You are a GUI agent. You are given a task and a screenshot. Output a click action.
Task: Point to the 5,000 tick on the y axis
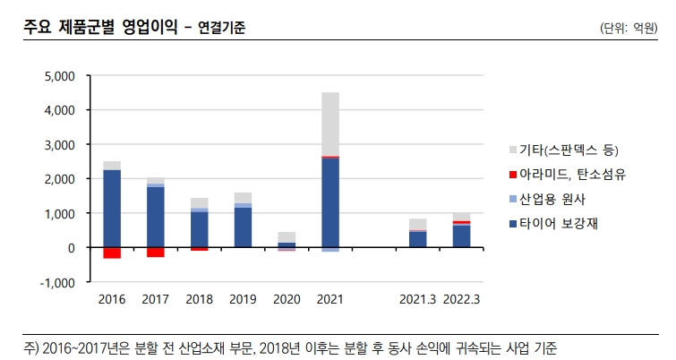(x=60, y=76)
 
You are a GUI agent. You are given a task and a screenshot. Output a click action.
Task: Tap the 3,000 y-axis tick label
(x=60, y=144)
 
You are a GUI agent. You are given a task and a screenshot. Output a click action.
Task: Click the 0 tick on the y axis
(x=72, y=247)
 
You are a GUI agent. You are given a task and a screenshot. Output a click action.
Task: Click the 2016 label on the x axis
(x=112, y=299)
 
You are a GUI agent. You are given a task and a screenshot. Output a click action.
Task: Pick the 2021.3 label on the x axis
(x=417, y=299)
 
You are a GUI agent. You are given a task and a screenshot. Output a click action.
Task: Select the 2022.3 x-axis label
(x=461, y=299)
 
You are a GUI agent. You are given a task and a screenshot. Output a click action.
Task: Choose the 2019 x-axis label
(x=243, y=299)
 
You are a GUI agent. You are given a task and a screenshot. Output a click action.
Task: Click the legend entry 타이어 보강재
(x=558, y=224)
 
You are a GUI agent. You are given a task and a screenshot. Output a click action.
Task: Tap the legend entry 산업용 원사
(x=552, y=199)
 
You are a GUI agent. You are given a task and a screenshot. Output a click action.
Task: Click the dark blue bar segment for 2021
(x=330, y=202)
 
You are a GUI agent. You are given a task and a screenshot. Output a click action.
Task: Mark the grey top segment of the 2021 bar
(x=330, y=124)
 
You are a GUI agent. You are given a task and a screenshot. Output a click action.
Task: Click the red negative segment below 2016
(x=112, y=253)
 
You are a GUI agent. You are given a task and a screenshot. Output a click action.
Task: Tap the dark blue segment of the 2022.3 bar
(x=461, y=236)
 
